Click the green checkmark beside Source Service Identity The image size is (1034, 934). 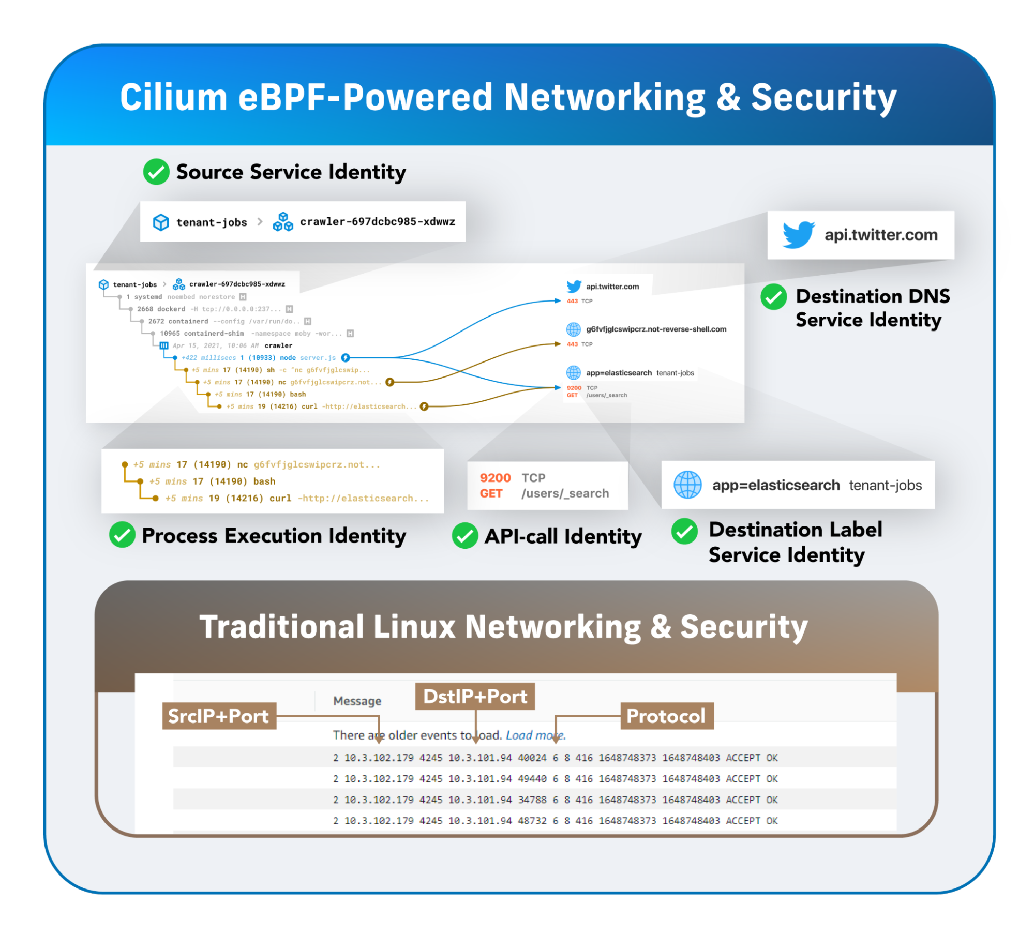(x=156, y=172)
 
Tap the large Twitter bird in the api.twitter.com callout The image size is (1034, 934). (x=798, y=235)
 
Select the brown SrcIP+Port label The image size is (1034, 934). (x=219, y=716)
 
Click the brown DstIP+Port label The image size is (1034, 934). (x=475, y=697)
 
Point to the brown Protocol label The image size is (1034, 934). (x=666, y=716)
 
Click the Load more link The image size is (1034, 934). (x=535, y=735)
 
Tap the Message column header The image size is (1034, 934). (x=357, y=701)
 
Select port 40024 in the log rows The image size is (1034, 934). (x=532, y=758)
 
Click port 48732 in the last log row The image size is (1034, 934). (x=532, y=821)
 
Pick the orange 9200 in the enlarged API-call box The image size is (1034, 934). (x=495, y=478)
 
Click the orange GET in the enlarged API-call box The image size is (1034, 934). (x=491, y=493)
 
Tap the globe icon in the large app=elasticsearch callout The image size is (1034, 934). (x=687, y=485)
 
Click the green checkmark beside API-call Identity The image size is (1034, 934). (x=464, y=536)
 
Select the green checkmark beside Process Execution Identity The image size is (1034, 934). (x=123, y=535)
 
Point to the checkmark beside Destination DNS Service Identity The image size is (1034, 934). (x=773, y=297)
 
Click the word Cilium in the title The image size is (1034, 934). (x=173, y=97)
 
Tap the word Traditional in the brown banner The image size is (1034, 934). (x=282, y=627)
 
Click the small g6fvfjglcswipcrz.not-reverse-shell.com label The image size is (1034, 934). (x=656, y=329)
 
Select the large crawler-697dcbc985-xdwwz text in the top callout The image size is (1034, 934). (x=378, y=222)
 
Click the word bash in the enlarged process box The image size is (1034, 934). (x=264, y=481)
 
